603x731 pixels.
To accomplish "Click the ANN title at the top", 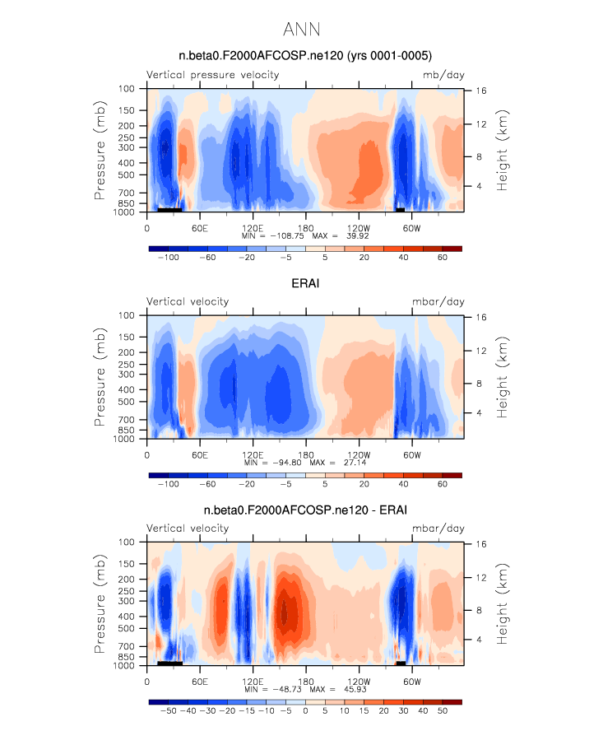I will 301,30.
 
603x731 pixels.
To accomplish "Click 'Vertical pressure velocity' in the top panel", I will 212,75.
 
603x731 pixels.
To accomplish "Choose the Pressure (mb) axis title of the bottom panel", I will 100,603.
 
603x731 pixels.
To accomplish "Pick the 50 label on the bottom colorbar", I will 442,710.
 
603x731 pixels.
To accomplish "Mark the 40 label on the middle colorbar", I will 402,484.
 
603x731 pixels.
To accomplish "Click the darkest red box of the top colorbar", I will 452,248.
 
